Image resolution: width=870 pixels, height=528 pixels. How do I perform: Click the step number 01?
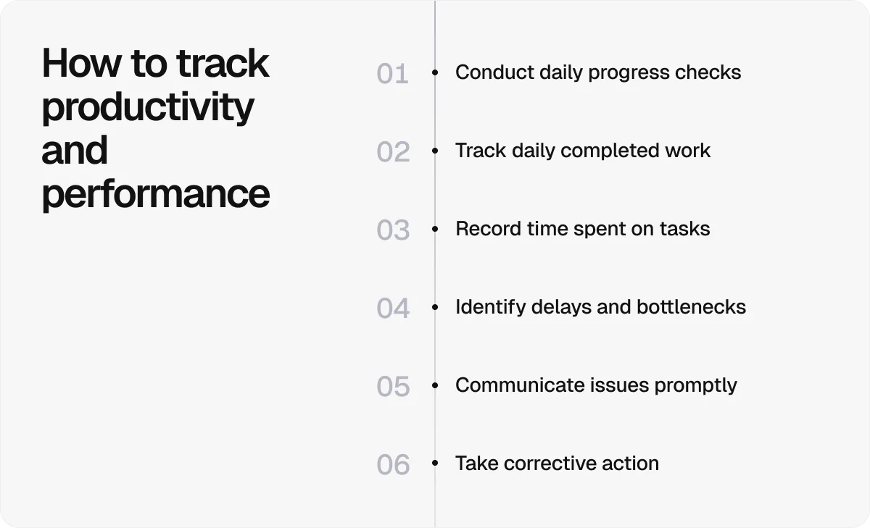(x=392, y=74)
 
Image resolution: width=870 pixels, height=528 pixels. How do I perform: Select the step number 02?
(x=393, y=152)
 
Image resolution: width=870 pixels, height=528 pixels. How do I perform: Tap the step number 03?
(x=393, y=230)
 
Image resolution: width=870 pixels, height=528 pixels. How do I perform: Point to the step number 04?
(x=393, y=309)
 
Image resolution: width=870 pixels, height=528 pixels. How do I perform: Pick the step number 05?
(x=393, y=387)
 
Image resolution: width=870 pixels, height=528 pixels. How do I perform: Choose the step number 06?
(x=393, y=465)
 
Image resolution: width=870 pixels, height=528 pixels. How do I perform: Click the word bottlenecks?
(x=691, y=307)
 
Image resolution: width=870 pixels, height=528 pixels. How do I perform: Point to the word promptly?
(x=695, y=386)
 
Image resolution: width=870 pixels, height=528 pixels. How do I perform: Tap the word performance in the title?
(x=155, y=194)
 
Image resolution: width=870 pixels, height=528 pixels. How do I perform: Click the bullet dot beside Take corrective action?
(x=435, y=464)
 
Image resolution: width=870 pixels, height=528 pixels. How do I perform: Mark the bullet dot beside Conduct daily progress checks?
(x=435, y=72)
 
